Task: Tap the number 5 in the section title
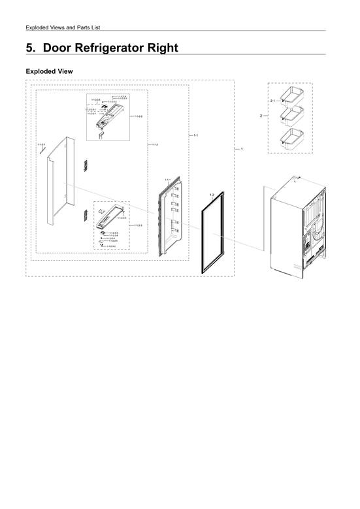[x=29, y=48]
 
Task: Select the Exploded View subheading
[x=48, y=71]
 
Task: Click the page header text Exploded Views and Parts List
[x=62, y=27]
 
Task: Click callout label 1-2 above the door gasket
[x=212, y=195]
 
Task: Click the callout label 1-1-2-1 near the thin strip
[x=41, y=144]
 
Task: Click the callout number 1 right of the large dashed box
[x=242, y=150]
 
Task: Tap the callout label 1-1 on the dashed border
[x=197, y=135]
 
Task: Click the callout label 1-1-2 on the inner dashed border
[x=155, y=144]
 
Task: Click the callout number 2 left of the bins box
[x=261, y=116]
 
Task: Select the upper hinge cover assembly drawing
[x=108, y=118]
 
